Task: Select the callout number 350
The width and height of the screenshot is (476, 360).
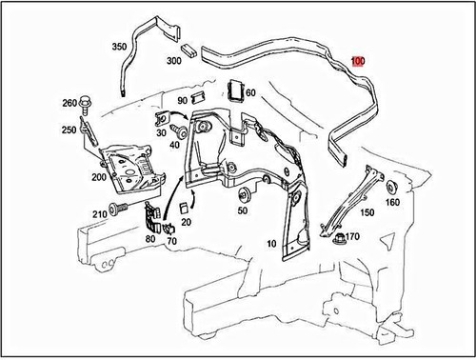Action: [119, 46]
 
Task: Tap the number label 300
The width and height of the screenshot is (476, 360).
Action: [173, 60]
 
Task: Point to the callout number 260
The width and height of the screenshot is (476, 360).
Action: [69, 103]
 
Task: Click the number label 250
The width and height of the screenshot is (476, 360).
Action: [69, 130]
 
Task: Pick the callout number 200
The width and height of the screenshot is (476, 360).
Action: [98, 178]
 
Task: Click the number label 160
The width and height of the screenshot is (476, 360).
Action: [392, 202]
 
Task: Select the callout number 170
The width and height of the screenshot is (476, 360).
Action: [351, 236]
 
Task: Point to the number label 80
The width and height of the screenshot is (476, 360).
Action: [151, 241]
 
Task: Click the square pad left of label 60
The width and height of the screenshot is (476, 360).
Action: [234, 91]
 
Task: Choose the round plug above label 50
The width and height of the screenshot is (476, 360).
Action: [242, 194]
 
